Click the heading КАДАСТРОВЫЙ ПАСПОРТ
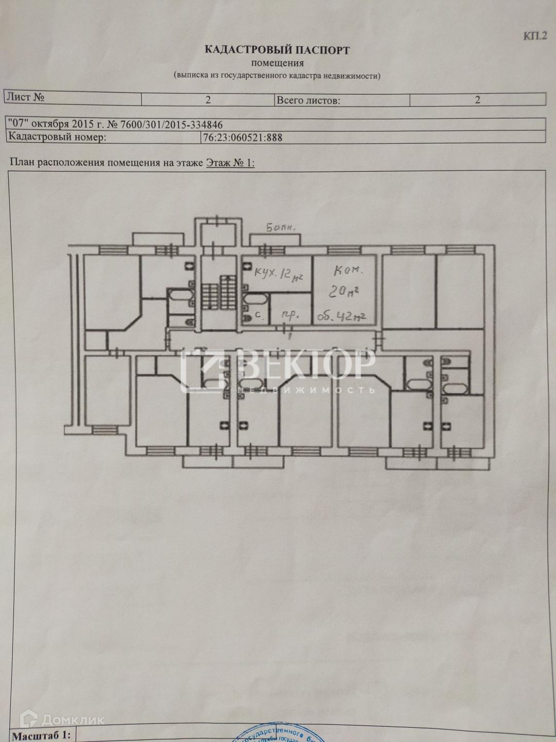[277, 50]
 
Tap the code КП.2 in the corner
[535, 36]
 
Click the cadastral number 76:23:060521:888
[242, 138]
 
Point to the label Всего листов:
[308, 100]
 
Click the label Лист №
[26, 97]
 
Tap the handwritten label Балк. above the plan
[281, 227]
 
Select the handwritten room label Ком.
[349, 270]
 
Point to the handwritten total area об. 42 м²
[341, 316]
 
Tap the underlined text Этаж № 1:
[230, 163]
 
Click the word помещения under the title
[277, 63]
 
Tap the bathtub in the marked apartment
[254, 299]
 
